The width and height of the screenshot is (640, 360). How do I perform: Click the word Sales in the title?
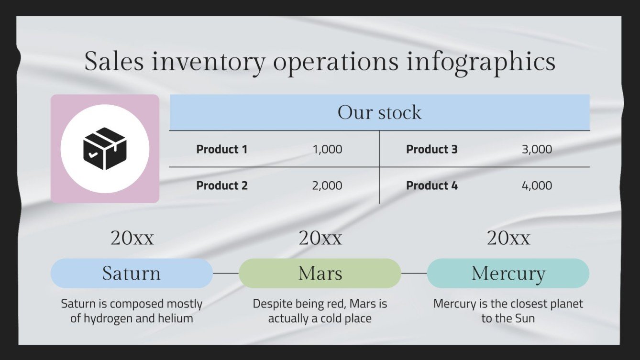(114, 62)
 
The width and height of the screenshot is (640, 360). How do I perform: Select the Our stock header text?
(379, 112)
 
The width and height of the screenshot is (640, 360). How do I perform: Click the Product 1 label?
(221, 149)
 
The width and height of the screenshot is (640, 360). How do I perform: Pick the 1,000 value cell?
(327, 149)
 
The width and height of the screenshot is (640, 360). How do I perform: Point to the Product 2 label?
(222, 185)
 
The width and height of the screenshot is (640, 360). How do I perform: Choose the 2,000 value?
(327, 185)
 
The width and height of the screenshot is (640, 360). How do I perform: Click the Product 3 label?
(431, 149)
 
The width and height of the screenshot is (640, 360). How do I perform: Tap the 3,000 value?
(537, 149)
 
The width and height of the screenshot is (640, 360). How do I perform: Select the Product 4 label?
(431, 185)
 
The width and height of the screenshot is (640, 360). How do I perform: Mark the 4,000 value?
(537, 185)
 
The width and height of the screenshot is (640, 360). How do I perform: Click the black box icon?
(105, 149)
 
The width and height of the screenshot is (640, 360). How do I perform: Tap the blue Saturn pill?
(132, 273)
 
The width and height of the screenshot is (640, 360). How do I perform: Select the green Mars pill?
(320, 273)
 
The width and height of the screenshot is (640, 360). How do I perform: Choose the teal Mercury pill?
(508, 273)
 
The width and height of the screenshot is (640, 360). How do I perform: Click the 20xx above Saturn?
(132, 238)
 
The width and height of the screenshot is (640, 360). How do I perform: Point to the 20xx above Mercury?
(508, 238)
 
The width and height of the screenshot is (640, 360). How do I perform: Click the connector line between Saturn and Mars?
(226, 273)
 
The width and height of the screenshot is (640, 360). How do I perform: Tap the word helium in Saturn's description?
(176, 318)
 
